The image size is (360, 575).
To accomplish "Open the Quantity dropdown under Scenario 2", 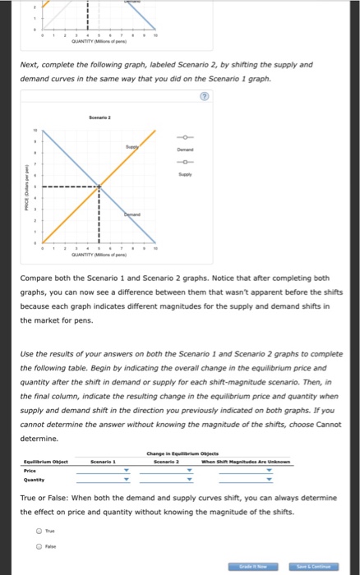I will pos(190,482).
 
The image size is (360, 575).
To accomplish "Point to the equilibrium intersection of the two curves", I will pos(100,186).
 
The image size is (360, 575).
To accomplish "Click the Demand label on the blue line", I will pos(134,212).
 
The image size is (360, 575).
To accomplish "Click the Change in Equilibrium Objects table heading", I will pos(191,454).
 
